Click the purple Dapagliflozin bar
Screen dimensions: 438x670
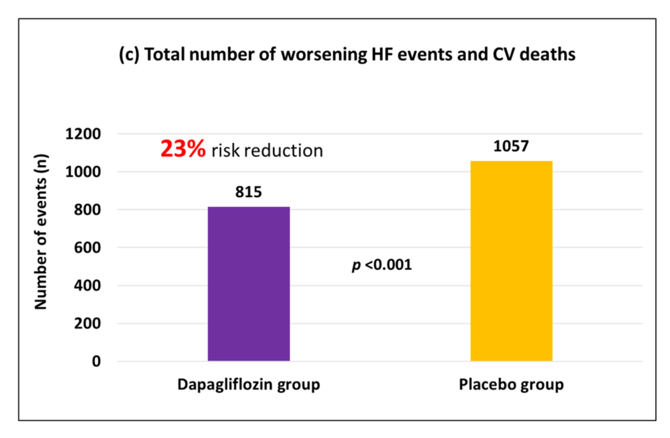click(x=249, y=283)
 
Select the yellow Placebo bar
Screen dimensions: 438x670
click(x=511, y=261)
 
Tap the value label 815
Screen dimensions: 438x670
click(x=249, y=193)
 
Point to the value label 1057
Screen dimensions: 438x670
click(x=511, y=147)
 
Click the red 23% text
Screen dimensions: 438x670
click(x=183, y=150)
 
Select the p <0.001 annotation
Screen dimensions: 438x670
click(x=382, y=266)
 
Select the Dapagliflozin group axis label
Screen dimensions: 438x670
click(x=249, y=384)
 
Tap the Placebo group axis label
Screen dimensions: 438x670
click(x=511, y=384)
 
